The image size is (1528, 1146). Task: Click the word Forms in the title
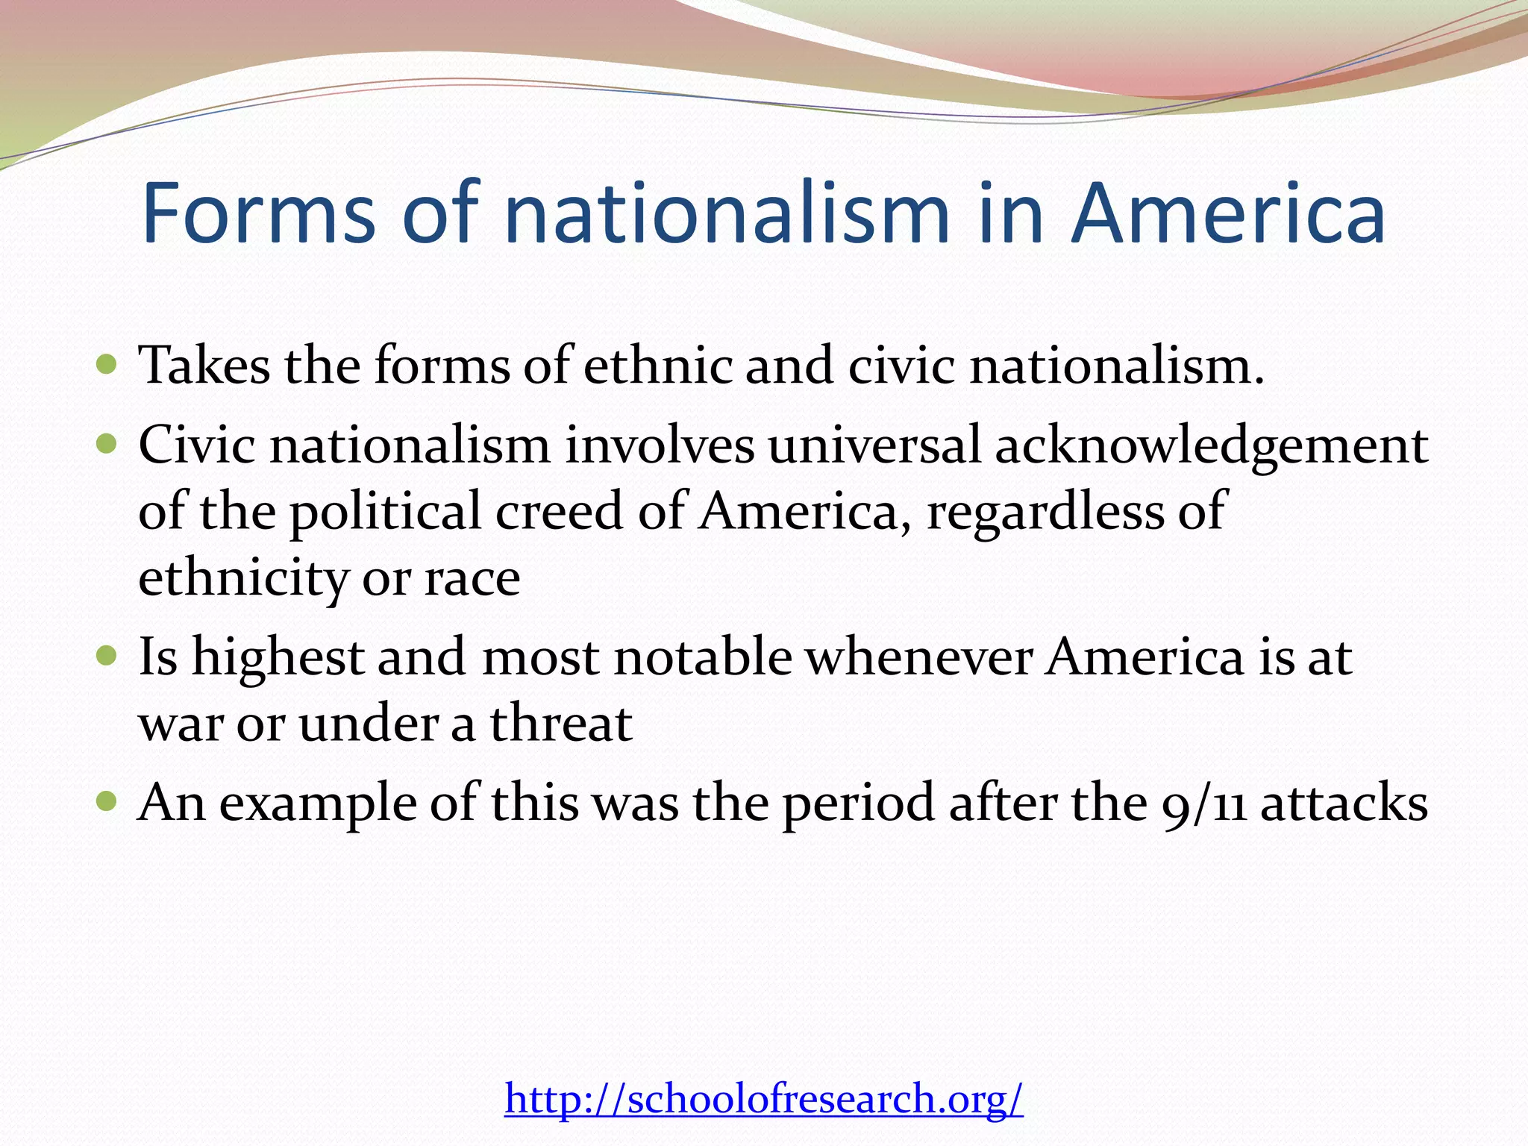coord(258,214)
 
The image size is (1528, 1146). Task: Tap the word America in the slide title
coord(1227,214)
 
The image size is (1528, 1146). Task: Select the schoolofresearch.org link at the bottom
coord(763,1098)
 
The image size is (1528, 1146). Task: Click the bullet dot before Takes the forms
coord(107,365)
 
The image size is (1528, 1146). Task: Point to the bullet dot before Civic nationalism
coord(107,445)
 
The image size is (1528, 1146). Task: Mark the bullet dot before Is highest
coord(107,657)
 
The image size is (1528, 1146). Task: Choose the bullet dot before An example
coord(107,802)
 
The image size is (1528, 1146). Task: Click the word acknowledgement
coord(1211,446)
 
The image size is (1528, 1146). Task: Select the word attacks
coord(1344,804)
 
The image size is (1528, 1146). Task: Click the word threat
coord(561,724)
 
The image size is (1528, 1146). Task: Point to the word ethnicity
coord(242,579)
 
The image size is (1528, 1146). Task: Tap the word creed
coord(560,512)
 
